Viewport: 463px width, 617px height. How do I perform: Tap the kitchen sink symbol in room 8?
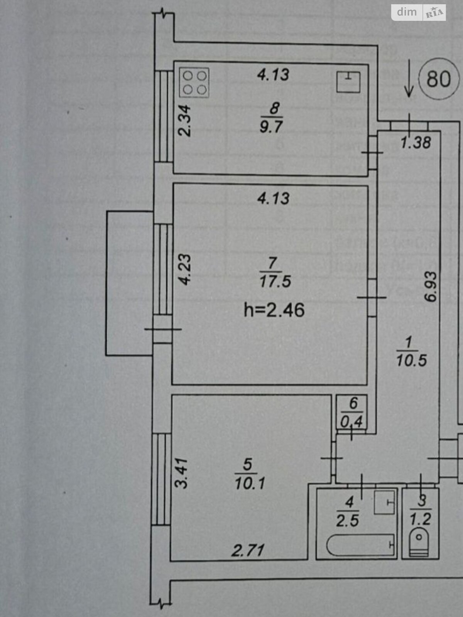click(348, 81)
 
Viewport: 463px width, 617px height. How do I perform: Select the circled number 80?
click(439, 79)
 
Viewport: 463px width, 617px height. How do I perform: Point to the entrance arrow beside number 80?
click(409, 79)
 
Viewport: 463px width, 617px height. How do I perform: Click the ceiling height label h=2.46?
click(274, 310)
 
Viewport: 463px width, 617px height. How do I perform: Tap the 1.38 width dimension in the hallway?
click(415, 143)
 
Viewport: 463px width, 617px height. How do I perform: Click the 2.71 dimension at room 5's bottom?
click(248, 550)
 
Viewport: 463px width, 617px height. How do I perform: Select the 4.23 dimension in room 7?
click(186, 269)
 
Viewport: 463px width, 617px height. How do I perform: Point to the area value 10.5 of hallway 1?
click(411, 361)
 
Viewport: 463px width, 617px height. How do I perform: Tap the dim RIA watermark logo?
click(419, 12)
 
